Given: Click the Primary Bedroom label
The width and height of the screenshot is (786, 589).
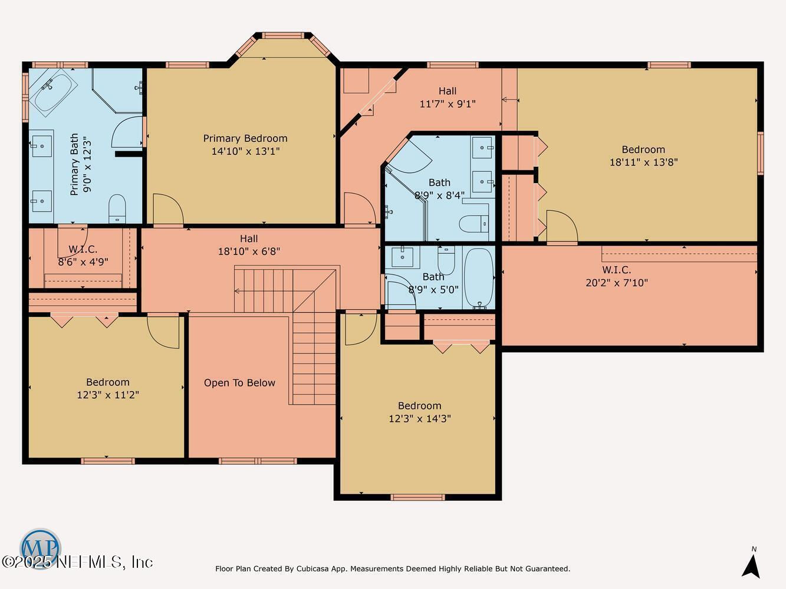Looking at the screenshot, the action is pyautogui.click(x=245, y=138).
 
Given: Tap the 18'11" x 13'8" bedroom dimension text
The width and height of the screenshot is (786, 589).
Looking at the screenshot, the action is pyautogui.click(x=643, y=163).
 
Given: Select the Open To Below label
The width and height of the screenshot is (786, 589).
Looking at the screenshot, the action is pyautogui.click(x=239, y=383).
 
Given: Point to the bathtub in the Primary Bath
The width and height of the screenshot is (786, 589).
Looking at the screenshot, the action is pyautogui.click(x=53, y=92).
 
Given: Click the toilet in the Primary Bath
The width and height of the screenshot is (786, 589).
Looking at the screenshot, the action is pyautogui.click(x=117, y=209).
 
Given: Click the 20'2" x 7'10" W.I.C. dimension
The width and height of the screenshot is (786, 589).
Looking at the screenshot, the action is pyautogui.click(x=617, y=283).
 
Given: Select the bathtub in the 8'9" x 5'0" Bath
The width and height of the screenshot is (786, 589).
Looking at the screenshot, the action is pyautogui.click(x=479, y=278).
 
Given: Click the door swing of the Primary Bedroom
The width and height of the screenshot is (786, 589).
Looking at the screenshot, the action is pyautogui.click(x=168, y=209).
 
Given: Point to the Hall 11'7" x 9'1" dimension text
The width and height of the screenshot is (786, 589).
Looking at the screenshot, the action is pyautogui.click(x=448, y=104).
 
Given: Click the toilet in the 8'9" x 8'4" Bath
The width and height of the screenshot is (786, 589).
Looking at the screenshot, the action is pyautogui.click(x=473, y=223).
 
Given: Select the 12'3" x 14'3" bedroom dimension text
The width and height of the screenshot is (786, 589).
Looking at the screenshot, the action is pyautogui.click(x=420, y=418).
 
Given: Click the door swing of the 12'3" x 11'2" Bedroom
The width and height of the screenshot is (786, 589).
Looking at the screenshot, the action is pyautogui.click(x=163, y=332).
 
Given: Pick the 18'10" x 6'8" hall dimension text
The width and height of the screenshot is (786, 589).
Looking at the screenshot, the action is pyautogui.click(x=249, y=252).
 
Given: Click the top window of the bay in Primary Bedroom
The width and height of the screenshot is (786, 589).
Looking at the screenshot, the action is pyautogui.click(x=283, y=35).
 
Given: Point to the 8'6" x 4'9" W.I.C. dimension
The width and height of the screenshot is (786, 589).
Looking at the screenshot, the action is pyautogui.click(x=83, y=262).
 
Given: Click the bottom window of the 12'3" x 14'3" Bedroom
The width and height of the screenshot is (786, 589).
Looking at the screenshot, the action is pyautogui.click(x=417, y=498).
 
